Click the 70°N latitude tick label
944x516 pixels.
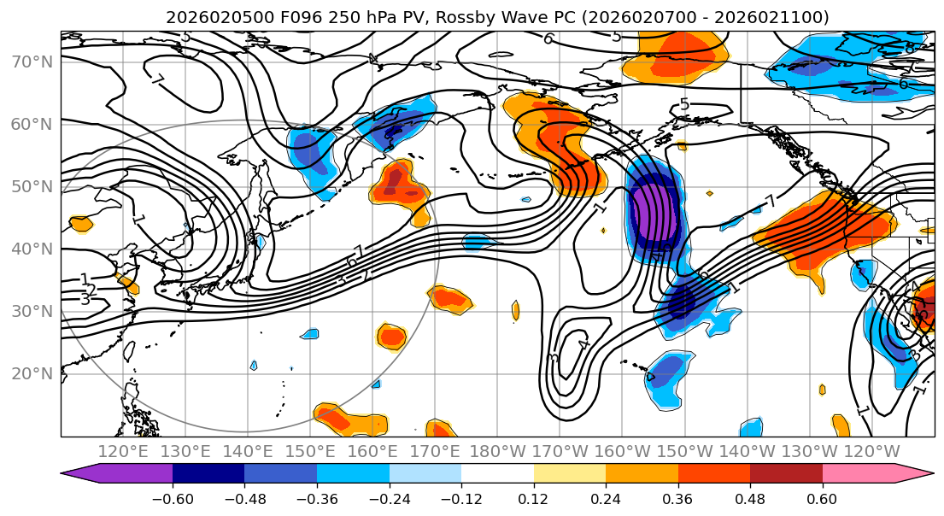tap(31, 62)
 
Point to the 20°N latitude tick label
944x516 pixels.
tap(31, 373)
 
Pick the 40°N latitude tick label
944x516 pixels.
tap(31, 249)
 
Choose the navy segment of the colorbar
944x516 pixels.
tap(208, 474)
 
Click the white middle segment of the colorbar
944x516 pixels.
tap(497, 474)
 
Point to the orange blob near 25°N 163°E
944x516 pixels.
tap(392, 337)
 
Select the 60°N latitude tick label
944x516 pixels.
tap(31, 124)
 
